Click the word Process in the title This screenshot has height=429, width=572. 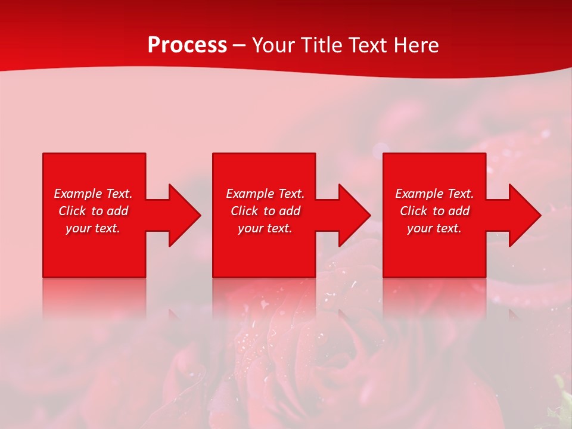(x=187, y=45)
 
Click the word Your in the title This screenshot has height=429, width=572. (x=274, y=45)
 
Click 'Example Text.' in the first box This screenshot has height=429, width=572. (x=93, y=194)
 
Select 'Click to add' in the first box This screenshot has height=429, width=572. (x=93, y=211)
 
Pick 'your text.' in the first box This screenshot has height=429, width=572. (x=93, y=228)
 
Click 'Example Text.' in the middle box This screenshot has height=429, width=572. (x=265, y=194)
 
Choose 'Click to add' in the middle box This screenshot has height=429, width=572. (x=265, y=211)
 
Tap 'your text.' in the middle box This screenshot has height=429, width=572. (x=265, y=228)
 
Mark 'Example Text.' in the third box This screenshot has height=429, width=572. (x=434, y=194)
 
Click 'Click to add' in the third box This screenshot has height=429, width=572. (x=434, y=211)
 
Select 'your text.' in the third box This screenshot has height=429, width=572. (x=434, y=228)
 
